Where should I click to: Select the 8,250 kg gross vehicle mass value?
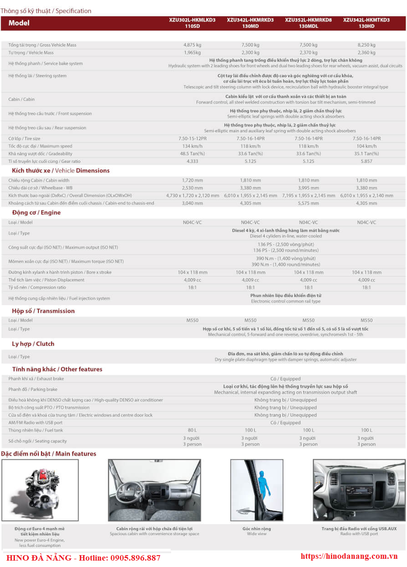point(366,45)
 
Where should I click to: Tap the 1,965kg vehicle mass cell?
point(192,53)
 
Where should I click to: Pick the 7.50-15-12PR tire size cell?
point(192,139)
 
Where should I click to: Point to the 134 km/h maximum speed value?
point(192,146)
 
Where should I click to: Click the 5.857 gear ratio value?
point(366,161)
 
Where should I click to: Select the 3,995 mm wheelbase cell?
point(308,188)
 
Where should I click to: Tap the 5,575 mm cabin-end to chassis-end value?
point(308,203)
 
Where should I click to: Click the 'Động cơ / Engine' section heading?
point(36,213)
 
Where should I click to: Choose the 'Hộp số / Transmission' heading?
point(43,311)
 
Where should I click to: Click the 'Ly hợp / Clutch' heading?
point(33,344)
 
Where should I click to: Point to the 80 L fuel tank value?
point(192,430)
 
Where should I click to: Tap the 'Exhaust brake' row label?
point(36,379)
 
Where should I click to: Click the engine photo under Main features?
point(40,489)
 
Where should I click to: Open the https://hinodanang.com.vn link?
point(350,557)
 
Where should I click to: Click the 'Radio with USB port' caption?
point(359,534)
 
